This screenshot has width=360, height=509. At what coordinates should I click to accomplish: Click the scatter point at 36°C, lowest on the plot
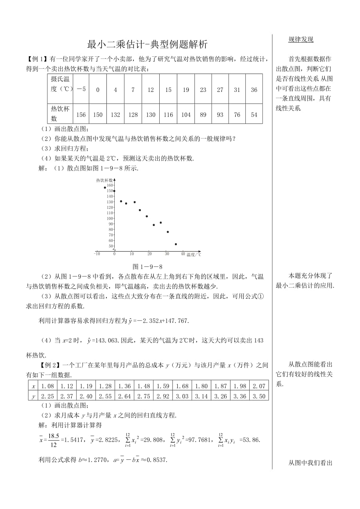[x=176, y=244]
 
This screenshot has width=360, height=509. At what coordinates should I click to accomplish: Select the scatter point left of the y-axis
[x=105, y=188]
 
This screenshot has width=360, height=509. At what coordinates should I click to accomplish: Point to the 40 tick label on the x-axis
[x=184, y=254]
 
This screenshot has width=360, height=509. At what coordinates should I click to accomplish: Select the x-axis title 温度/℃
[x=194, y=254]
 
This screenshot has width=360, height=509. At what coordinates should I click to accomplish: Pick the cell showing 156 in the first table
[x=81, y=115]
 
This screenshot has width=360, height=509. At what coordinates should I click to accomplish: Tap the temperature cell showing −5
[x=81, y=90]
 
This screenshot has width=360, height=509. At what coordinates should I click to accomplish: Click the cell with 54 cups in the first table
[x=254, y=115]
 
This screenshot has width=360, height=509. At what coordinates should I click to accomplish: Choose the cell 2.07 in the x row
[x=259, y=386]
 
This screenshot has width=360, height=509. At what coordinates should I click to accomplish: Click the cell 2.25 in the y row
[x=48, y=396]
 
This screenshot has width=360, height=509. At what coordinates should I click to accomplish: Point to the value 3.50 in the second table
[x=259, y=396]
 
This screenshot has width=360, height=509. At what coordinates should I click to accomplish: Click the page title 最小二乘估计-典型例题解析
[x=147, y=45]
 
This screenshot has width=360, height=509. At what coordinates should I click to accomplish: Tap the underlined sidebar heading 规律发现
[x=301, y=39]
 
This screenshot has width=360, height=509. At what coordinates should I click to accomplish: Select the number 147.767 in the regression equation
[x=177, y=321]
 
